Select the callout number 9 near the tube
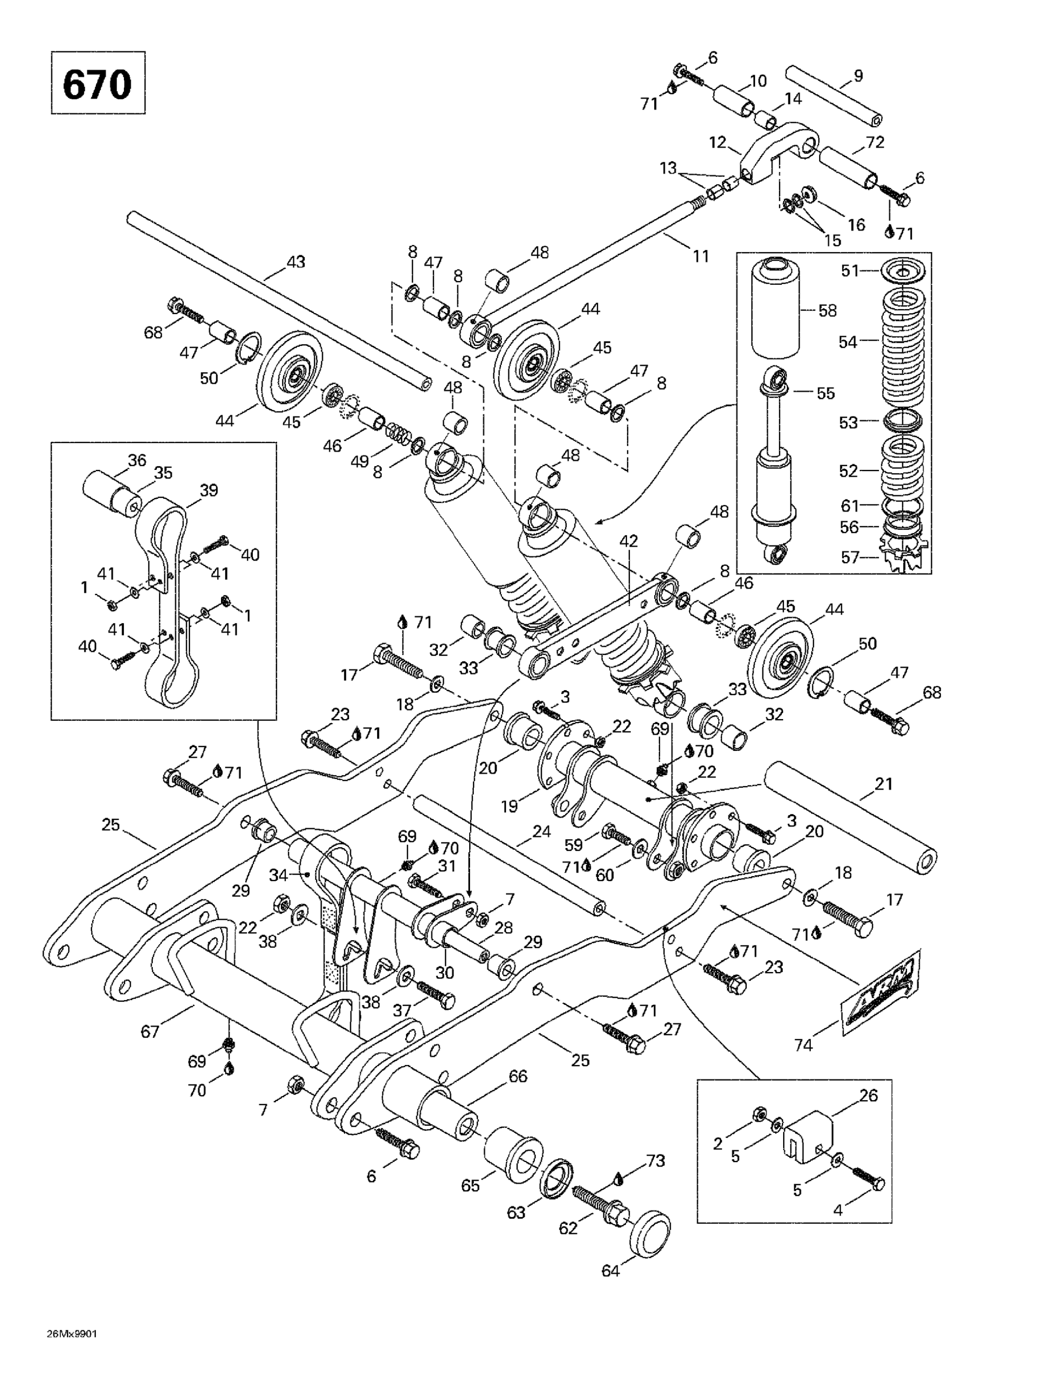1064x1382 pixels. (x=858, y=76)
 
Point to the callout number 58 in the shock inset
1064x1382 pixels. (x=827, y=310)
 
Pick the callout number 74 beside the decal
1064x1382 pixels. (x=803, y=1045)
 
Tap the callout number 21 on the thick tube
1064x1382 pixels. (x=883, y=784)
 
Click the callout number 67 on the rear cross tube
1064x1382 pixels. (x=150, y=1031)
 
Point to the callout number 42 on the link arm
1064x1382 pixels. (x=628, y=541)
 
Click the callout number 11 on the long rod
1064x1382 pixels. (x=700, y=256)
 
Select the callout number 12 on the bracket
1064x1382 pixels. (x=717, y=142)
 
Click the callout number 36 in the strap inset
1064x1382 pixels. (x=137, y=460)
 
